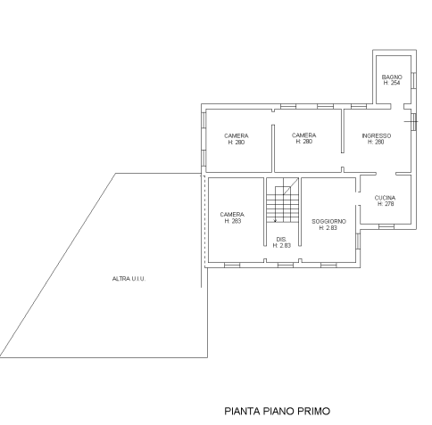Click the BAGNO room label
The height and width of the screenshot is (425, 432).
point(392,78)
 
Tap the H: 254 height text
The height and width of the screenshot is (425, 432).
point(392,83)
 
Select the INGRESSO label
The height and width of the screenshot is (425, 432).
point(376,136)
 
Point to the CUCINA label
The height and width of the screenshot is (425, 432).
point(386,198)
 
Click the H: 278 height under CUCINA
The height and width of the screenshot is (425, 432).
point(386,204)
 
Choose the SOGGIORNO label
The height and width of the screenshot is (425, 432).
point(328,222)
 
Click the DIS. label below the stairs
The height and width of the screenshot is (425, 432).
point(281,239)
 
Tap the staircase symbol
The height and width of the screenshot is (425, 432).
point(284,203)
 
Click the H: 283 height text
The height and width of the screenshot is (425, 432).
point(233,221)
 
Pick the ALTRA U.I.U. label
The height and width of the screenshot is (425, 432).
point(129,280)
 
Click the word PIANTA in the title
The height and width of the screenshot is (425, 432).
point(243,413)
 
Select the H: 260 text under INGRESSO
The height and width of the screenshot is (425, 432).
point(376,143)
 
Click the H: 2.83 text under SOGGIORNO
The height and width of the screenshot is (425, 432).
point(328,228)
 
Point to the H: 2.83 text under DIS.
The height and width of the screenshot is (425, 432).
point(281,245)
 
